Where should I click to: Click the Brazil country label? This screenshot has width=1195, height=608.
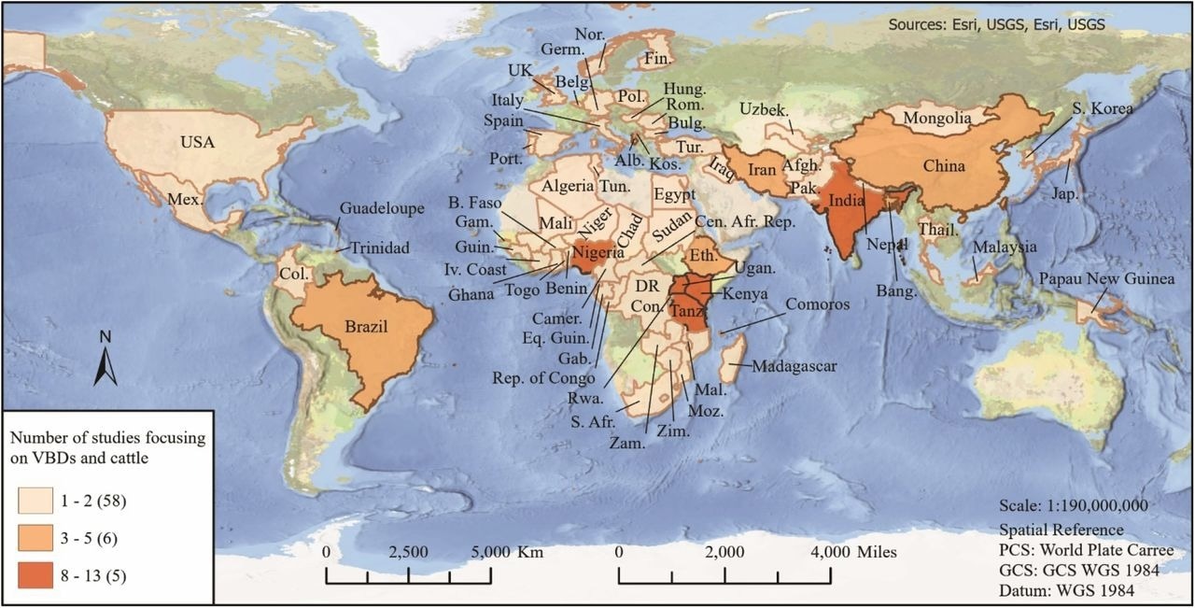coord(365,326)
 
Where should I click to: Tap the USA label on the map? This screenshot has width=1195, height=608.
coord(198,142)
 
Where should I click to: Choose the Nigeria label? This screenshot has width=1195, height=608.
coord(597,252)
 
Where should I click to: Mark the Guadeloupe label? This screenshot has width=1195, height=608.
coord(382,208)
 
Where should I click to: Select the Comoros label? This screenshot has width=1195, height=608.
coord(818,304)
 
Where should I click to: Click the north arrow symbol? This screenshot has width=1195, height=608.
coord(105,360)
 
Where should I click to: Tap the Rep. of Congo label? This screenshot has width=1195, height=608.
coord(542,378)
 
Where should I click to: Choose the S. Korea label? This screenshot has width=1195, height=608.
coord(1103,109)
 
